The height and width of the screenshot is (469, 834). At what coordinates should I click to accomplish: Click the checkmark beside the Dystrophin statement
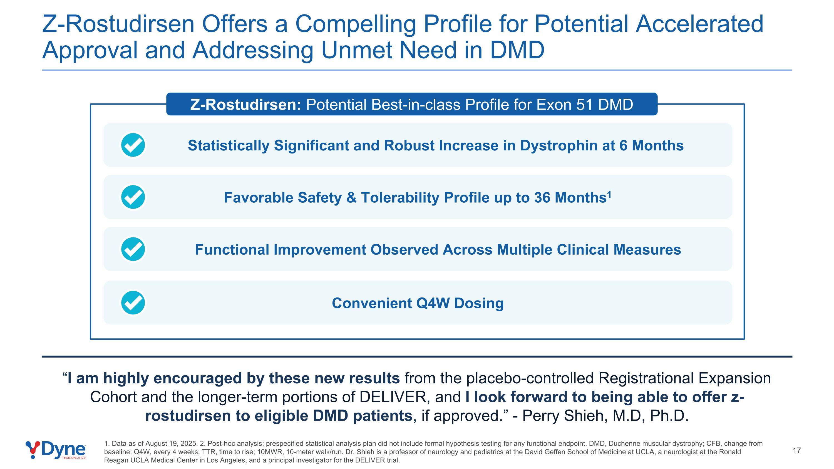point(133,145)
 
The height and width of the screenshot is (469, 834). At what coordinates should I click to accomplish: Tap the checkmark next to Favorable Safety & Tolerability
point(133,197)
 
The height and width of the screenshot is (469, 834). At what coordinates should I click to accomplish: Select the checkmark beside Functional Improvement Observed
point(133,249)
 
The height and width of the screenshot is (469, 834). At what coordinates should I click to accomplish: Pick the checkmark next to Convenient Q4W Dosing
point(133,303)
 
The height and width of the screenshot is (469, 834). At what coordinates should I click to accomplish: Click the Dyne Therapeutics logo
point(56,450)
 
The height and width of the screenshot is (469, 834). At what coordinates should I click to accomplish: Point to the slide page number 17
point(797,450)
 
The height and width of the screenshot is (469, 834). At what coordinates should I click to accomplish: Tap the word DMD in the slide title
point(517,50)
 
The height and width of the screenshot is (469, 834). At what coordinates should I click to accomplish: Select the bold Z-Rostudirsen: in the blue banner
point(246,105)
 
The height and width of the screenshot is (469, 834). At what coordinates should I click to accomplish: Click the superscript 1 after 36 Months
point(609,193)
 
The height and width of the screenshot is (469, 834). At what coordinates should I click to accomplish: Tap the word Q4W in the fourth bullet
point(433,303)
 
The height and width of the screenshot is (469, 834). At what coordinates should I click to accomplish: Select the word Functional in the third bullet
point(232,250)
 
